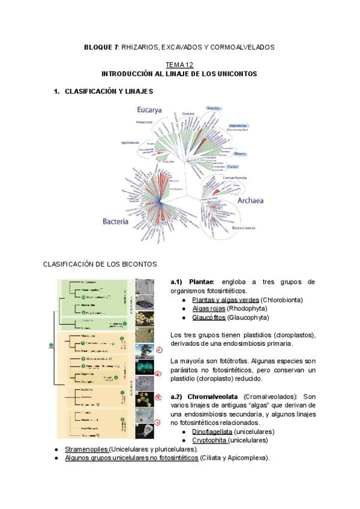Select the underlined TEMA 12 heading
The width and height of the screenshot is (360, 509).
click(x=179, y=65)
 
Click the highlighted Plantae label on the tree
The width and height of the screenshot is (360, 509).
click(x=233, y=166)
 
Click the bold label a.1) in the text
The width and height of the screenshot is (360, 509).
click(x=178, y=282)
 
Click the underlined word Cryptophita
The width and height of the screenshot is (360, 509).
click(x=209, y=440)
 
